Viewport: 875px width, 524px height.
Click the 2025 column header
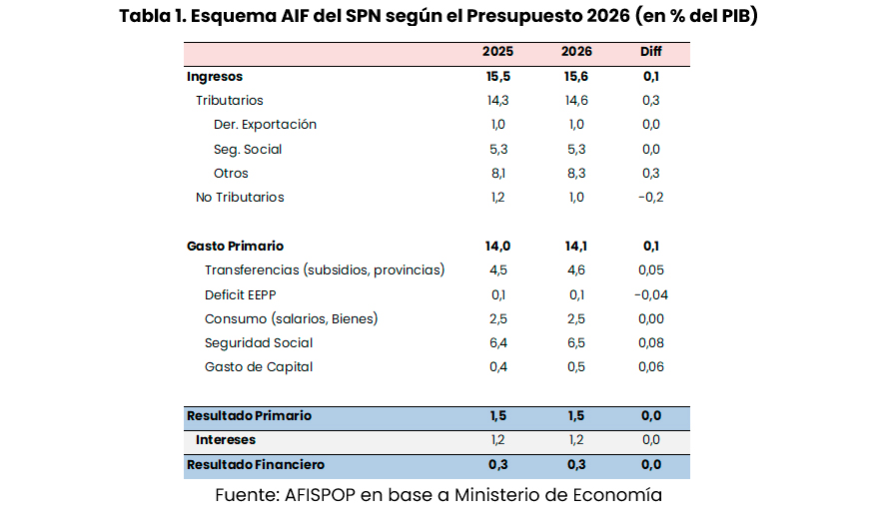(498, 52)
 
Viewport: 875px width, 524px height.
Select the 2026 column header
(576, 52)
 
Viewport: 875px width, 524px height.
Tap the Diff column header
(650, 52)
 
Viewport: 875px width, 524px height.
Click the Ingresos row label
(215, 77)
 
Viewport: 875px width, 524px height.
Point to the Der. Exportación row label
(265, 125)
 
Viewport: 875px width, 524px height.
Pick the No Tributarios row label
(240, 198)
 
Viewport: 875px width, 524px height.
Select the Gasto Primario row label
(236, 246)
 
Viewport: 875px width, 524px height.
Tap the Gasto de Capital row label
(259, 367)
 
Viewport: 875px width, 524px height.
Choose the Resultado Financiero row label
(256, 465)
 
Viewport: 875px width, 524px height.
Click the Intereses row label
(226, 440)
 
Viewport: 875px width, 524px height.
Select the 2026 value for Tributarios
(576, 101)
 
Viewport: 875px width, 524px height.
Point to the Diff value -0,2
(650, 198)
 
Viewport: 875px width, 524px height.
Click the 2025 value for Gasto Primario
(498, 246)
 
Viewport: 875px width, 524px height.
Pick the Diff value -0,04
(650, 294)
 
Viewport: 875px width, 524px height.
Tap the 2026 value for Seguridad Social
(576, 343)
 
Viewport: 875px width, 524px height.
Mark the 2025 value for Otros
(498, 174)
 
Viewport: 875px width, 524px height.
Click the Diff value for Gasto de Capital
(650, 367)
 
